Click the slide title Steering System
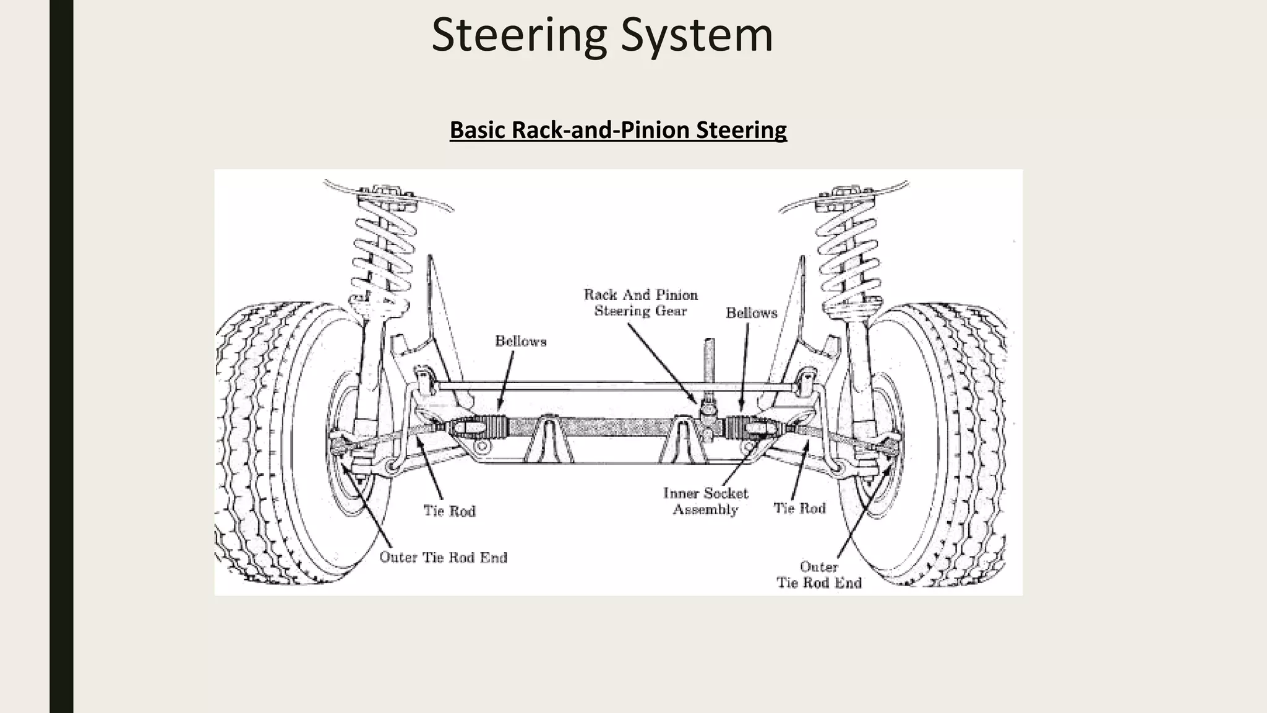pyautogui.click(x=602, y=35)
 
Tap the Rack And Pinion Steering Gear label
pyautogui.click(x=640, y=303)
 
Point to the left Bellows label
pyautogui.click(x=520, y=342)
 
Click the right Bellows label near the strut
pyautogui.click(x=751, y=313)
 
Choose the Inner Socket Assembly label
pyautogui.click(x=705, y=501)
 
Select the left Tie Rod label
pyautogui.click(x=449, y=511)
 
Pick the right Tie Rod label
pyautogui.click(x=799, y=508)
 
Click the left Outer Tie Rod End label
pyautogui.click(x=443, y=558)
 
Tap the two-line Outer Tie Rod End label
pyautogui.click(x=818, y=575)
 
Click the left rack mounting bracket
pyautogui.click(x=548, y=439)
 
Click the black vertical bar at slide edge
pyautogui.click(x=61, y=356)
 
